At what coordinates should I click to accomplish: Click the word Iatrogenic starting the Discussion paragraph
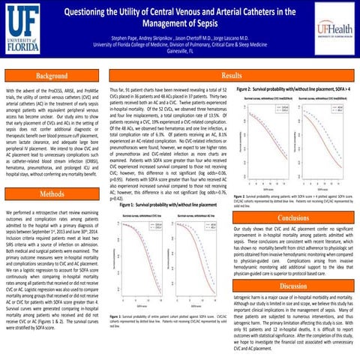(250, 298)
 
